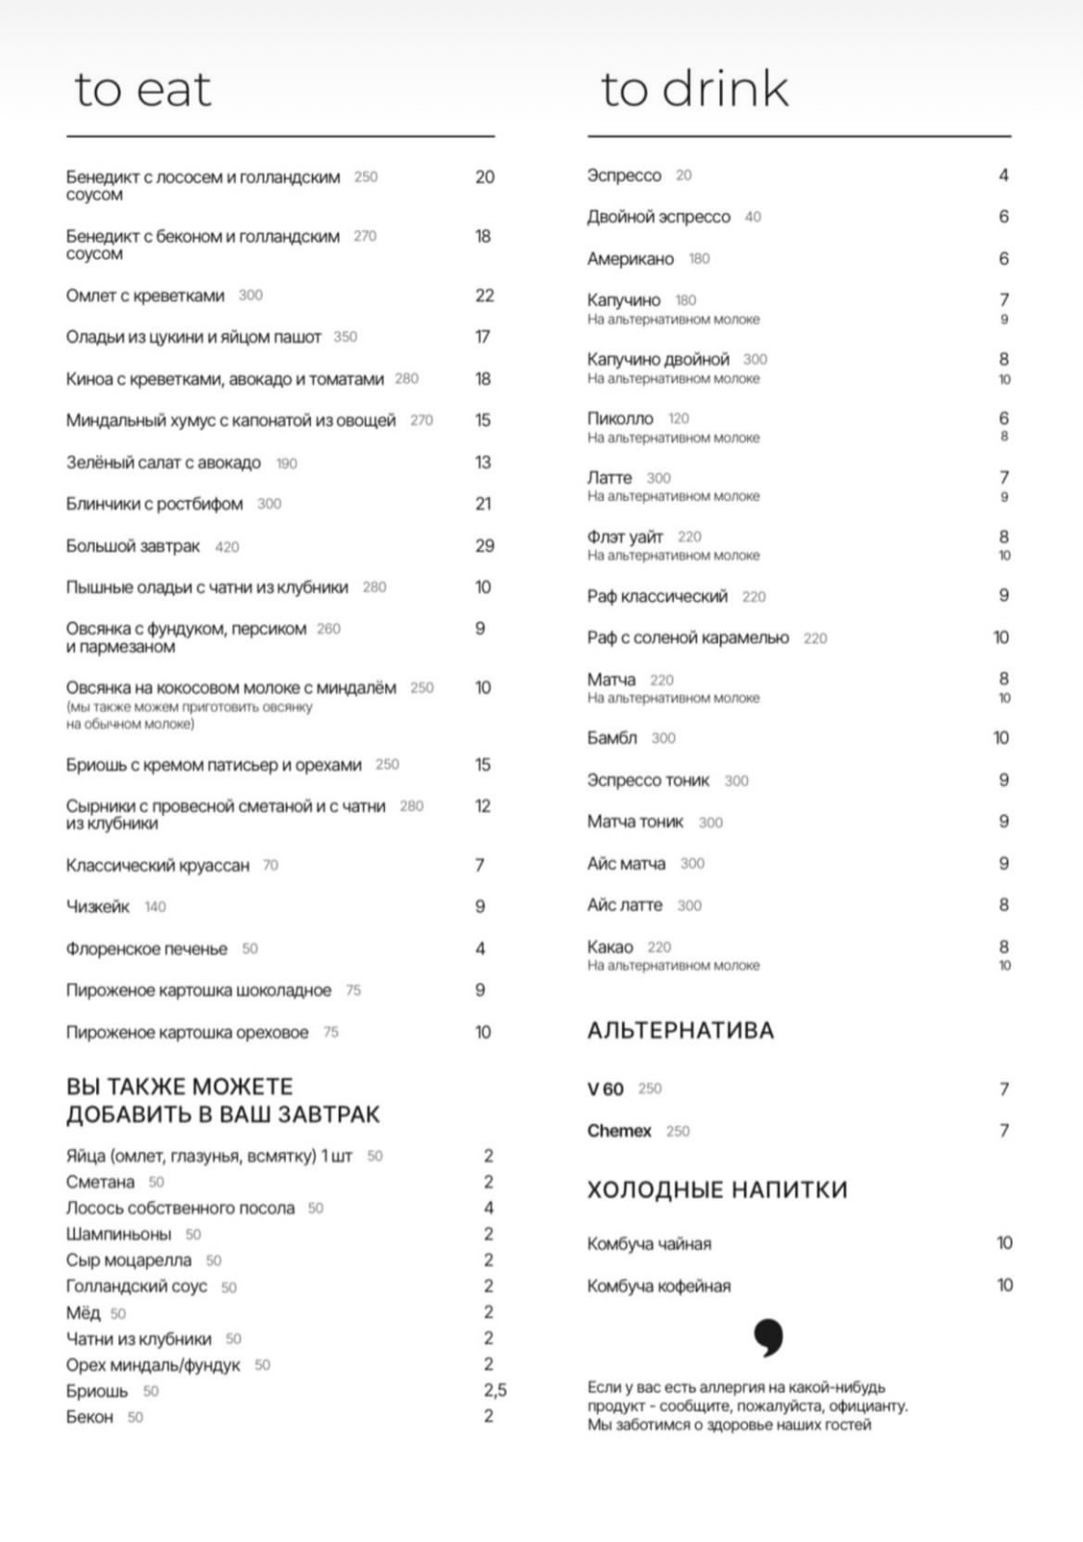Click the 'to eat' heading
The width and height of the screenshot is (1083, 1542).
142,90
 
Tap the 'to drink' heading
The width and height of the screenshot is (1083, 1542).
694,90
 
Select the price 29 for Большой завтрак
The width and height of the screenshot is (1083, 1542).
484,546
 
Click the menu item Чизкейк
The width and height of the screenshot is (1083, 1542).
97,906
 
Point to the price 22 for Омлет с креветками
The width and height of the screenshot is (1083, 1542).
484,296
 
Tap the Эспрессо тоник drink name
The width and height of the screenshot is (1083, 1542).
648,780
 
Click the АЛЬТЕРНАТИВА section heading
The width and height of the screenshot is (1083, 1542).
681,1031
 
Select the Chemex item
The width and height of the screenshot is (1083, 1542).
619,1131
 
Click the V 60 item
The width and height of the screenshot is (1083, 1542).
606,1089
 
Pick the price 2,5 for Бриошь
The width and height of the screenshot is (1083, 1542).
495,1391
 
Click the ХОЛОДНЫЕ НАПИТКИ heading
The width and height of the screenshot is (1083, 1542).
717,1189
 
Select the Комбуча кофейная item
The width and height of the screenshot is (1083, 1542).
658,1286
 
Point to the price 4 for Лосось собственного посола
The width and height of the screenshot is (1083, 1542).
488,1208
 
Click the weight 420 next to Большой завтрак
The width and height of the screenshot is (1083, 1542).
227,547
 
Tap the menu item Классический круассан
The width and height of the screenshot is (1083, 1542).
157,865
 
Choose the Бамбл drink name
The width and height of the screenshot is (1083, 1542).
612,738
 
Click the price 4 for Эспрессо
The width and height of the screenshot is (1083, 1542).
1003,175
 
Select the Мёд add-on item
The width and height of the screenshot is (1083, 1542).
83,1313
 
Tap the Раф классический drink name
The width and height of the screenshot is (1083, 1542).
658,596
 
